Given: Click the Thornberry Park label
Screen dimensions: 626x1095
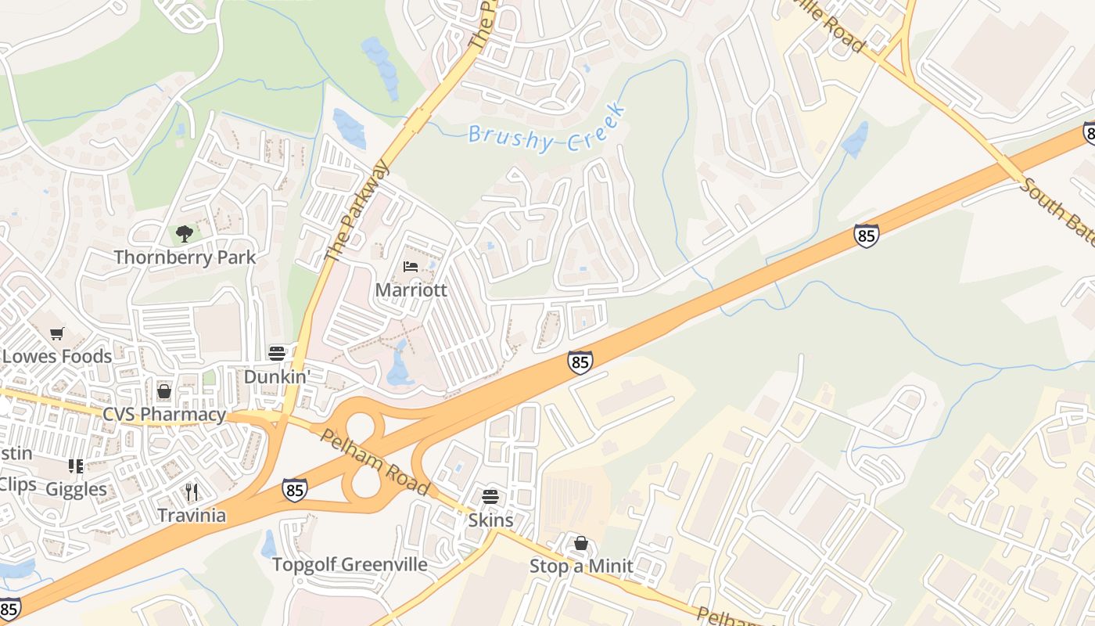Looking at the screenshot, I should (185, 257).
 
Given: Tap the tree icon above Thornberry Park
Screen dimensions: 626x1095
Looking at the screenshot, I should (185, 233).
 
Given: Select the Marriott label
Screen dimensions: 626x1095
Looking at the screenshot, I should (411, 290).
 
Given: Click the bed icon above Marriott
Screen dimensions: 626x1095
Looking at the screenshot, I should (411, 267).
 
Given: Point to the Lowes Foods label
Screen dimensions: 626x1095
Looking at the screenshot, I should (56, 356).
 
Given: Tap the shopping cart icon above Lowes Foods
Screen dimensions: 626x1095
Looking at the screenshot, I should (56, 334).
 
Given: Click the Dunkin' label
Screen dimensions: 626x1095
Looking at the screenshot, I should (277, 376).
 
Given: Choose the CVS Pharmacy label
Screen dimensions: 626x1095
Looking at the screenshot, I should (164, 414).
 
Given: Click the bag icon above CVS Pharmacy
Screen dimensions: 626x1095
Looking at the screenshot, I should (164, 391).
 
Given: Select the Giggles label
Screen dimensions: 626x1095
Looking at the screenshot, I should (76, 489).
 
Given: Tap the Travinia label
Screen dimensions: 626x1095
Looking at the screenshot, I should (192, 515).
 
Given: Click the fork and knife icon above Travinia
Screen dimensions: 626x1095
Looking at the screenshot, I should (192, 491).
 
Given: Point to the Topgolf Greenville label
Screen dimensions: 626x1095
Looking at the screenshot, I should (350, 564).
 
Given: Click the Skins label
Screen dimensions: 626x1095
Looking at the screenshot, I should (490, 520).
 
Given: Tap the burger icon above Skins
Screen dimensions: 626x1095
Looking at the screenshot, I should (490, 496).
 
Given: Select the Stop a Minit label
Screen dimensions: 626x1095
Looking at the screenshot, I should (581, 566).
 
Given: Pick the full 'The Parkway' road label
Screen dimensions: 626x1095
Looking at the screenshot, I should (357, 211).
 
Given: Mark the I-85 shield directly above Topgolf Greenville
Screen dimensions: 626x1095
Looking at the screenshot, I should (295, 490).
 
